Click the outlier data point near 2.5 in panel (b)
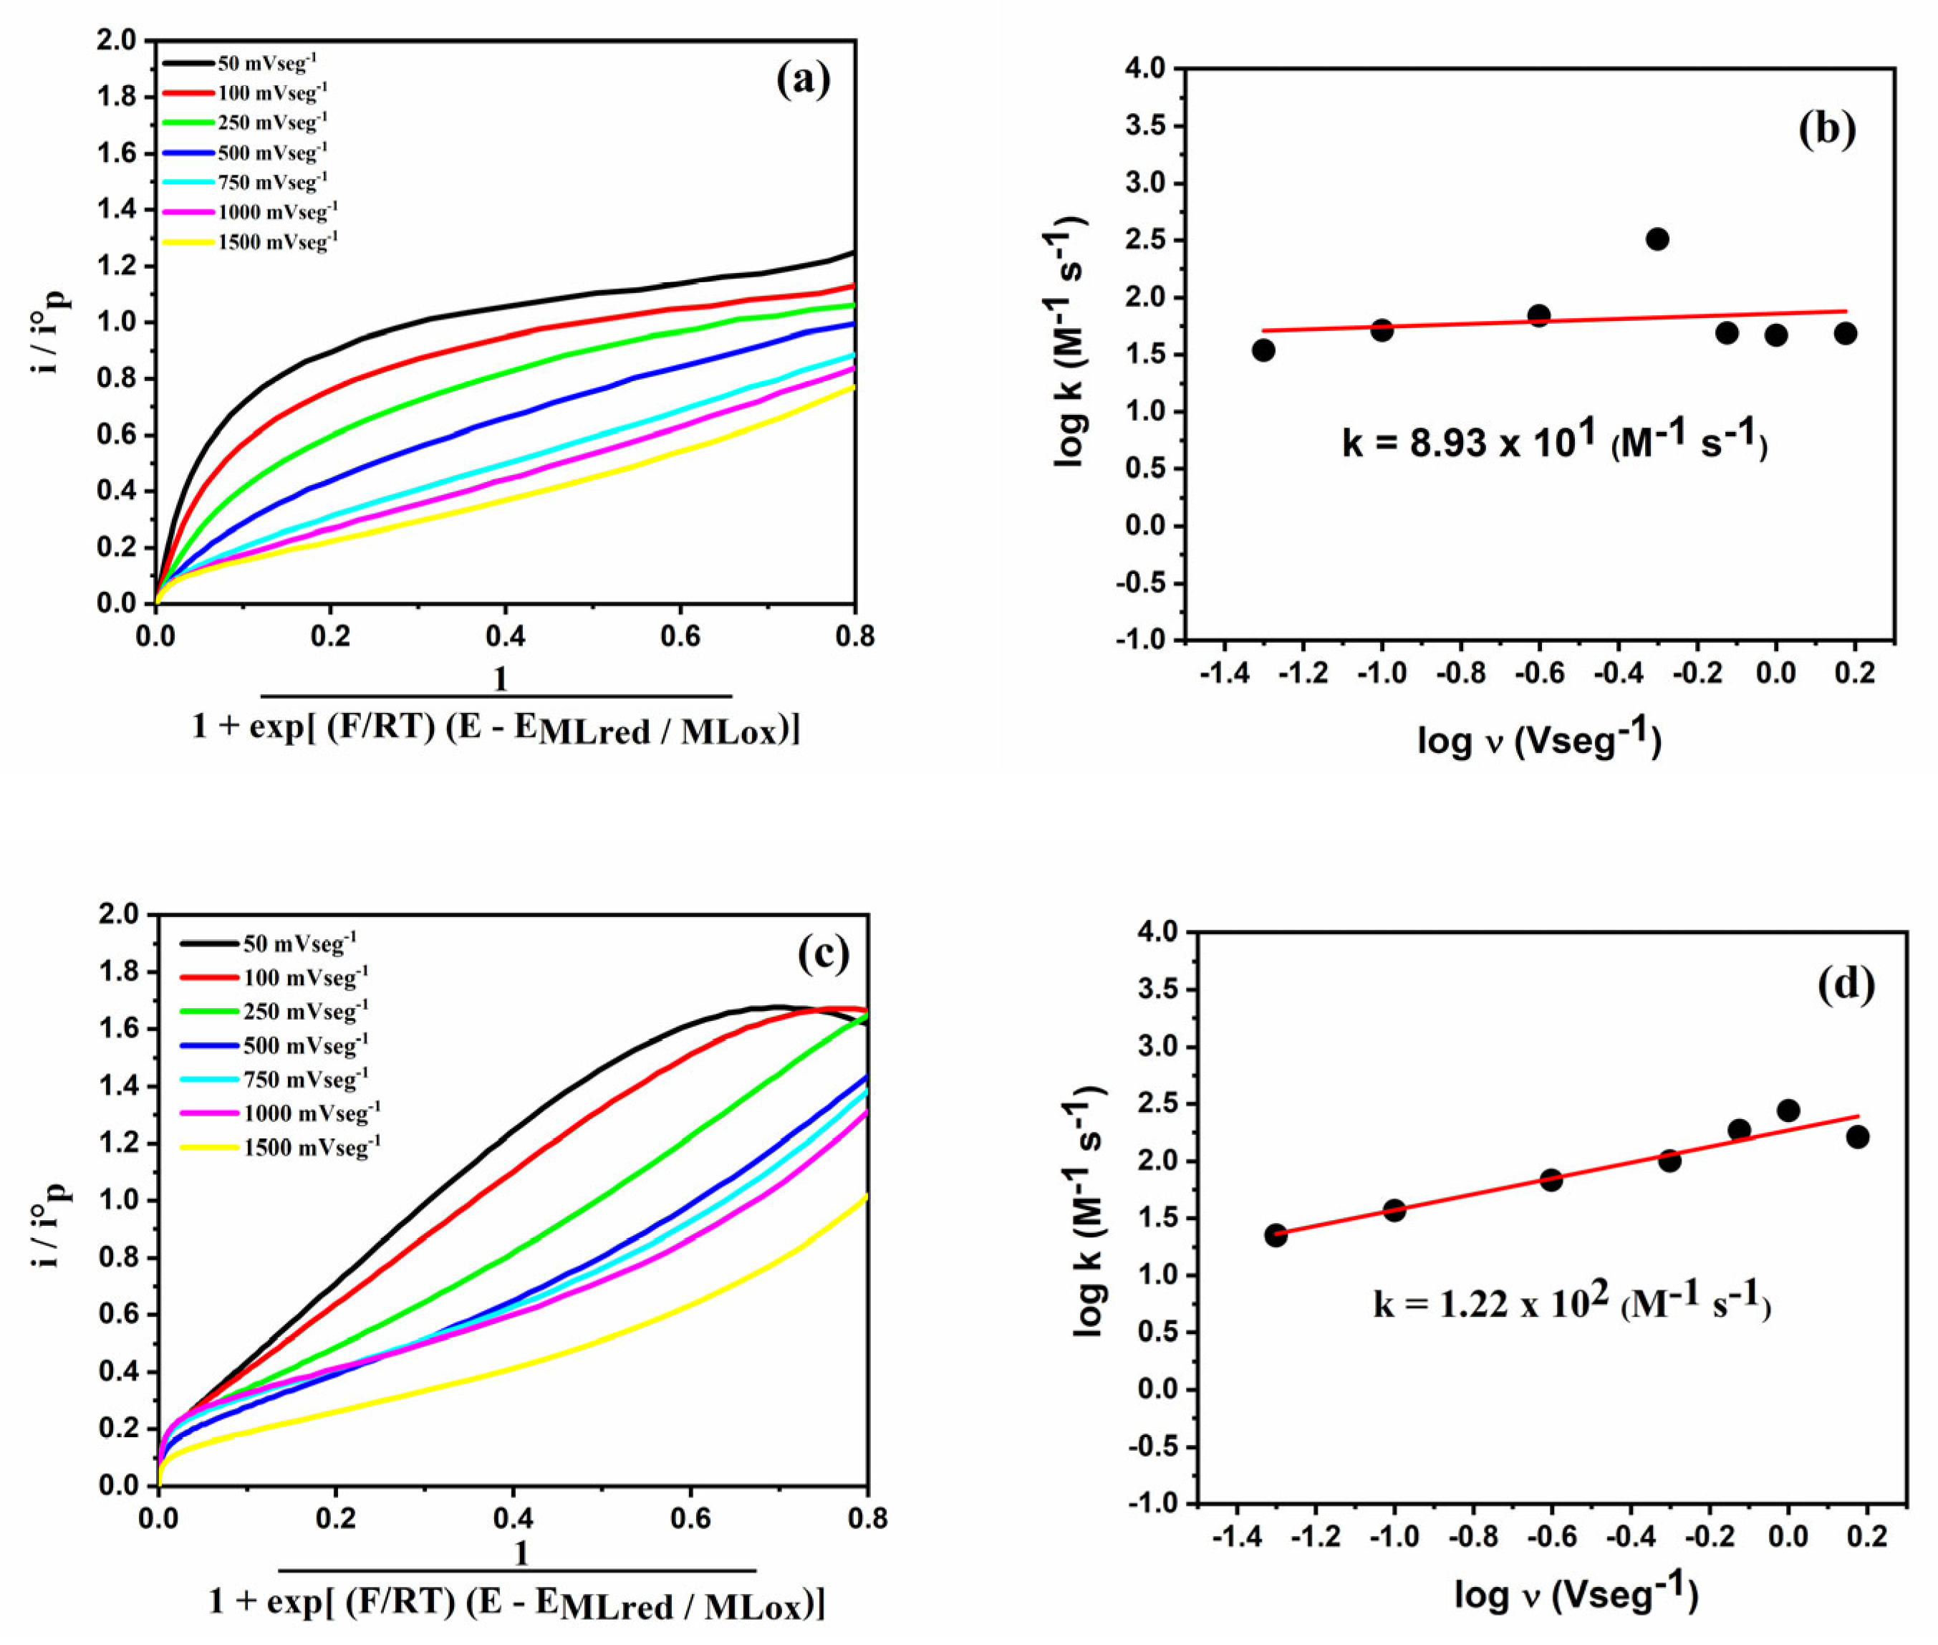coord(1657,239)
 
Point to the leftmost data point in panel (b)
coord(1263,350)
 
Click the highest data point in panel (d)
coord(1788,1111)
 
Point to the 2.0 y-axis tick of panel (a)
coord(117,40)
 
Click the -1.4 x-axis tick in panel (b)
coord(1224,674)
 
